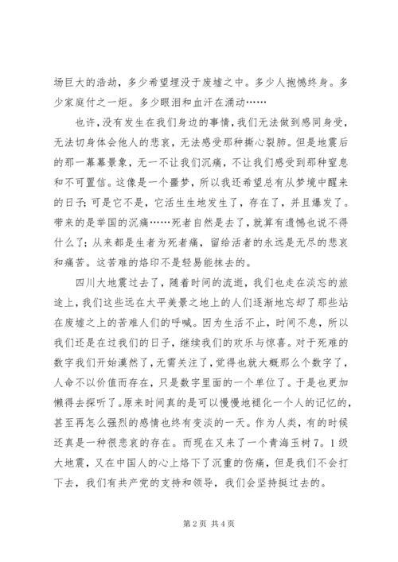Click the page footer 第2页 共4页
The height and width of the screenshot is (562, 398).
point(198,524)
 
